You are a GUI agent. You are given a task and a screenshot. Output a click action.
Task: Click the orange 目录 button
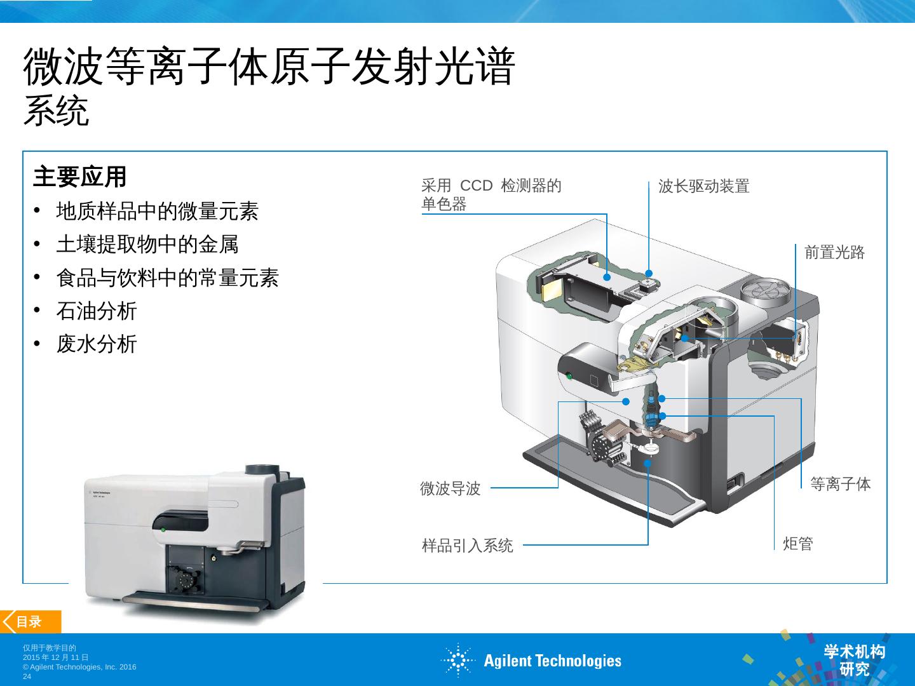coord(30,622)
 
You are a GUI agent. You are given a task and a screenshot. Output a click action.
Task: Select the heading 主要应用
coord(79,177)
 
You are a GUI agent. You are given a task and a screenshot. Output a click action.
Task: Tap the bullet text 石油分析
coord(97,311)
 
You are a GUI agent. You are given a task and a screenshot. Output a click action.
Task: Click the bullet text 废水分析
coord(97,344)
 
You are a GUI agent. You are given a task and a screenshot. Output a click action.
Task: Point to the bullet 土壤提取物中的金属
coord(147,244)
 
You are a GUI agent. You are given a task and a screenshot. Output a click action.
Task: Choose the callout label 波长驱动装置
coord(703,186)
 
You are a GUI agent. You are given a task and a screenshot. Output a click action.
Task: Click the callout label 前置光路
coord(834,252)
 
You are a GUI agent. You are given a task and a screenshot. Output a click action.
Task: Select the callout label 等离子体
coord(841,484)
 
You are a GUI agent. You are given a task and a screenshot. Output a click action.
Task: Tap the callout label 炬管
coord(798,544)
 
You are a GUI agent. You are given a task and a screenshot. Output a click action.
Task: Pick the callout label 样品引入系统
coord(467,545)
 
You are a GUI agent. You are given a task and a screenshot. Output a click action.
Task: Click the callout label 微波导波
coord(451,488)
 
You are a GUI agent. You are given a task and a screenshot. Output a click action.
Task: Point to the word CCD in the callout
coord(476,185)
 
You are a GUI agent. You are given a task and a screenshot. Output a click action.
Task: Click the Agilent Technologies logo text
coord(552,661)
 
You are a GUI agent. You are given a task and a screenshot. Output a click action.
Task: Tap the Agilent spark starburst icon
coord(457,660)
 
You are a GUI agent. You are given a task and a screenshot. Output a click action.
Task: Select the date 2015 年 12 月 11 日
coord(56,657)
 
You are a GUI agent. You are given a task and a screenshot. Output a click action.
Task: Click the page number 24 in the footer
coord(27,676)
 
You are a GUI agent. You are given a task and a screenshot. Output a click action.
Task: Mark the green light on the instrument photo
coord(163,530)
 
